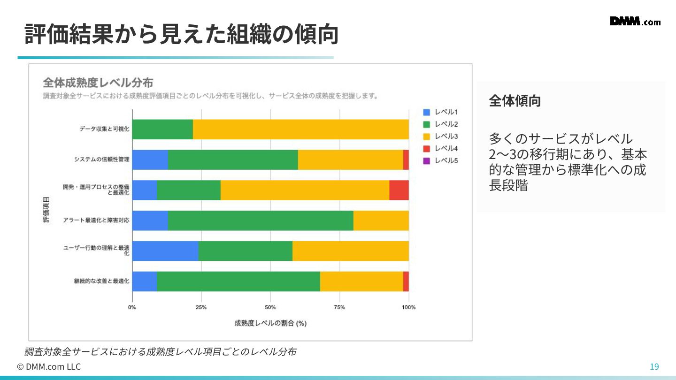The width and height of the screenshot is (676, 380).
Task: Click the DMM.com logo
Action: (x=635, y=22)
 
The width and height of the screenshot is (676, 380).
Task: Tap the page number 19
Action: (x=654, y=367)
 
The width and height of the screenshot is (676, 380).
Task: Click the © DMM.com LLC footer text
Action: (x=49, y=367)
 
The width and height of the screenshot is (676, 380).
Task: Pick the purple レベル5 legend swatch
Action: (x=426, y=161)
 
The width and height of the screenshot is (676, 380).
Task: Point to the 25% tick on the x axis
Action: (x=201, y=307)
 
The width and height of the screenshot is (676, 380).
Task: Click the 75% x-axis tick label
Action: (x=339, y=307)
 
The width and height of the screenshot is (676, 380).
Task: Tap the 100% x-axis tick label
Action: (x=408, y=307)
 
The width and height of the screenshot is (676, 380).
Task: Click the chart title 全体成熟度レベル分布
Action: (x=98, y=83)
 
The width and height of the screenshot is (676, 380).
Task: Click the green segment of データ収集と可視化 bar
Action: (x=162, y=129)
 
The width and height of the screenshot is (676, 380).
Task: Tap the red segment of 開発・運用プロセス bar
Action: (x=399, y=190)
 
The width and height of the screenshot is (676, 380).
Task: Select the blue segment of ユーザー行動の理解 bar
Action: (x=165, y=251)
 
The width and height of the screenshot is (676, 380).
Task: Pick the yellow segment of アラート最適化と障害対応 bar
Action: (x=381, y=220)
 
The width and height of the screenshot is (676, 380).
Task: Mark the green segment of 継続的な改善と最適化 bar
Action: (x=238, y=281)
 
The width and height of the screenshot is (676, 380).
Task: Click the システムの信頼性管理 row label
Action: (x=101, y=160)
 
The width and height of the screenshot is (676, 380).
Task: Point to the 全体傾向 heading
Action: (x=515, y=101)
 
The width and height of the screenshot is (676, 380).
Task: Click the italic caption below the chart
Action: (x=160, y=352)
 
